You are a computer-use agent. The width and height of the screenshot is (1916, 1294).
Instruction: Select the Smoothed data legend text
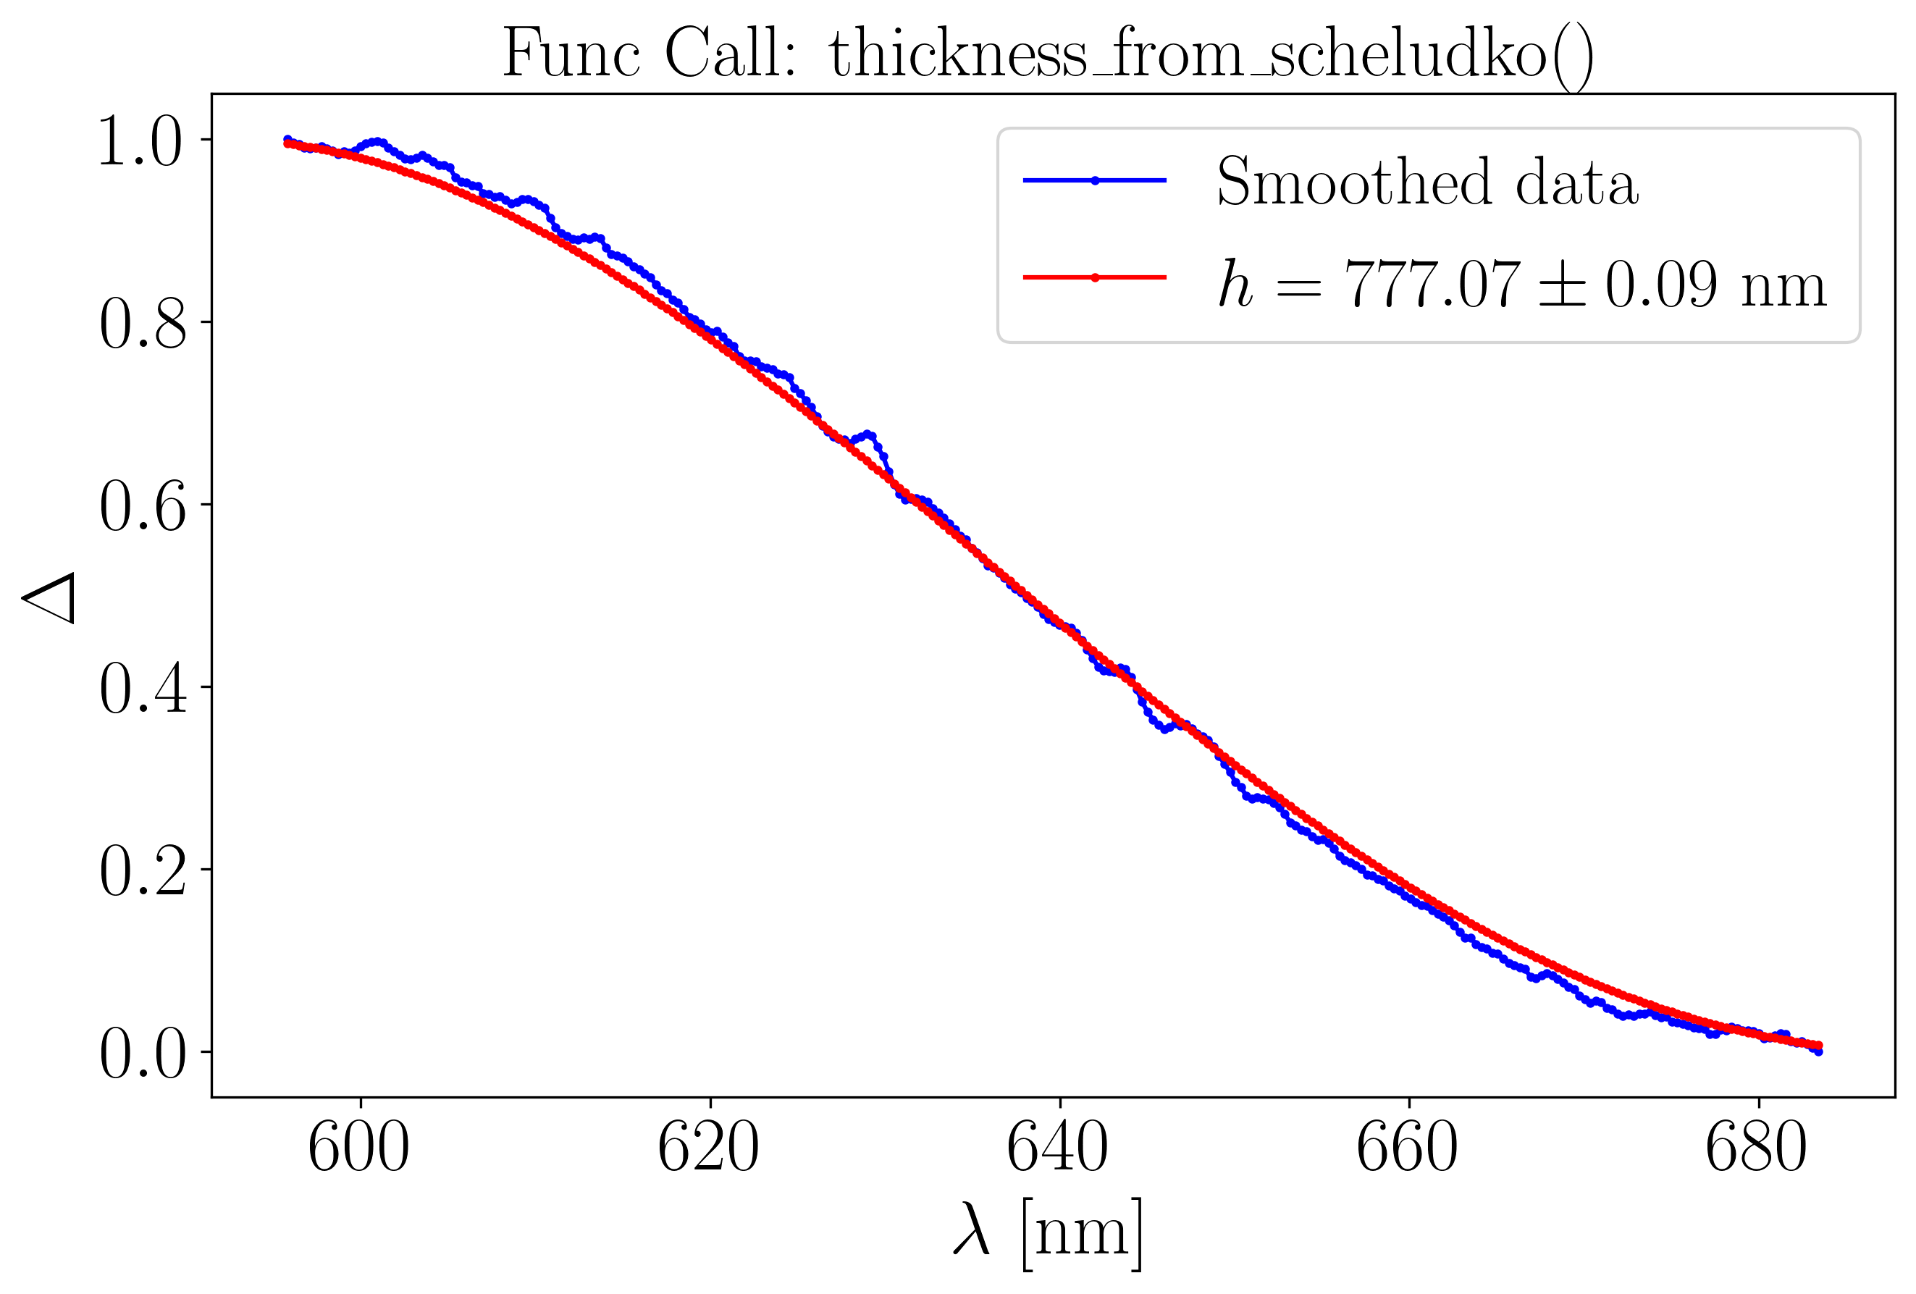tap(1427, 181)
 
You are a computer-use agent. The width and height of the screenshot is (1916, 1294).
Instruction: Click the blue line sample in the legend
tap(1094, 180)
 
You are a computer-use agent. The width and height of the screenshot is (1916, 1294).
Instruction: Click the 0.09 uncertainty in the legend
tap(1660, 285)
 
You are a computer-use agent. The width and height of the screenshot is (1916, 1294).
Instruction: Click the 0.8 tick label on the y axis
tap(143, 324)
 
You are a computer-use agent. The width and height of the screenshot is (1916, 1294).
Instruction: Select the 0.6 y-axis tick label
tap(143, 506)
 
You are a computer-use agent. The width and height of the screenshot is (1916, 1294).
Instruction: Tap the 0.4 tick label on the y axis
tap(143, 689)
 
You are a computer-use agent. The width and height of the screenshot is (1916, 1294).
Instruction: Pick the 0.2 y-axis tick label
tap(143, 871)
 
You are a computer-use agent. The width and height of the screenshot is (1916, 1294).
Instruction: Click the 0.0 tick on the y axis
tap(143, 1054)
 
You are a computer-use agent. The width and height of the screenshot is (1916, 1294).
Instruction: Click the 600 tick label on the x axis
tap(358, 1149)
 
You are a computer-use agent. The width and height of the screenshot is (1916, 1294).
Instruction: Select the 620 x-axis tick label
tap(708, 1149)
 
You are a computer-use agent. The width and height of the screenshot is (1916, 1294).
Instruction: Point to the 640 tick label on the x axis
tap(1058, 1149)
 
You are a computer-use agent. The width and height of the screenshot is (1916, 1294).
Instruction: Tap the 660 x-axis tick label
tap(1408, 1149)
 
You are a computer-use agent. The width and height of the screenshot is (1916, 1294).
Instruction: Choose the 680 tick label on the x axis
tap(1757, 1149)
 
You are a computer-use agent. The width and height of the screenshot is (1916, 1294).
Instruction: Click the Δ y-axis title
tap(49, 597)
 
